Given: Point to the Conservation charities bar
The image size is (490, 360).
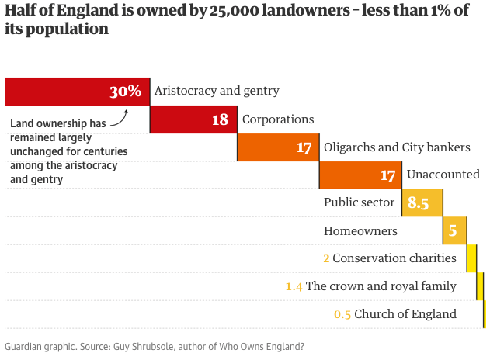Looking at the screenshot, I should [x=471, y=258].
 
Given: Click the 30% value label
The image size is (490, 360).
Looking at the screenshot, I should [x=125, y=92].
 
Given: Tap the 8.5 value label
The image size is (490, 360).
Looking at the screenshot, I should [x=419, y=203].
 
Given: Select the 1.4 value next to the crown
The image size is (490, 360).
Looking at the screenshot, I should [x=294, y=286].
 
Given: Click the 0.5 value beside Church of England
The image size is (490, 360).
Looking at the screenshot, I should [x=342, y=314].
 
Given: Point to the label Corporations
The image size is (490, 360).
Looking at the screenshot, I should [x=278, y=119].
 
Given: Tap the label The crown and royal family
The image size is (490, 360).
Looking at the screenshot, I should [x=381, y=286].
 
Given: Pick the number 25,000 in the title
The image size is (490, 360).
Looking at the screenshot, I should [x=233, y=12].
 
